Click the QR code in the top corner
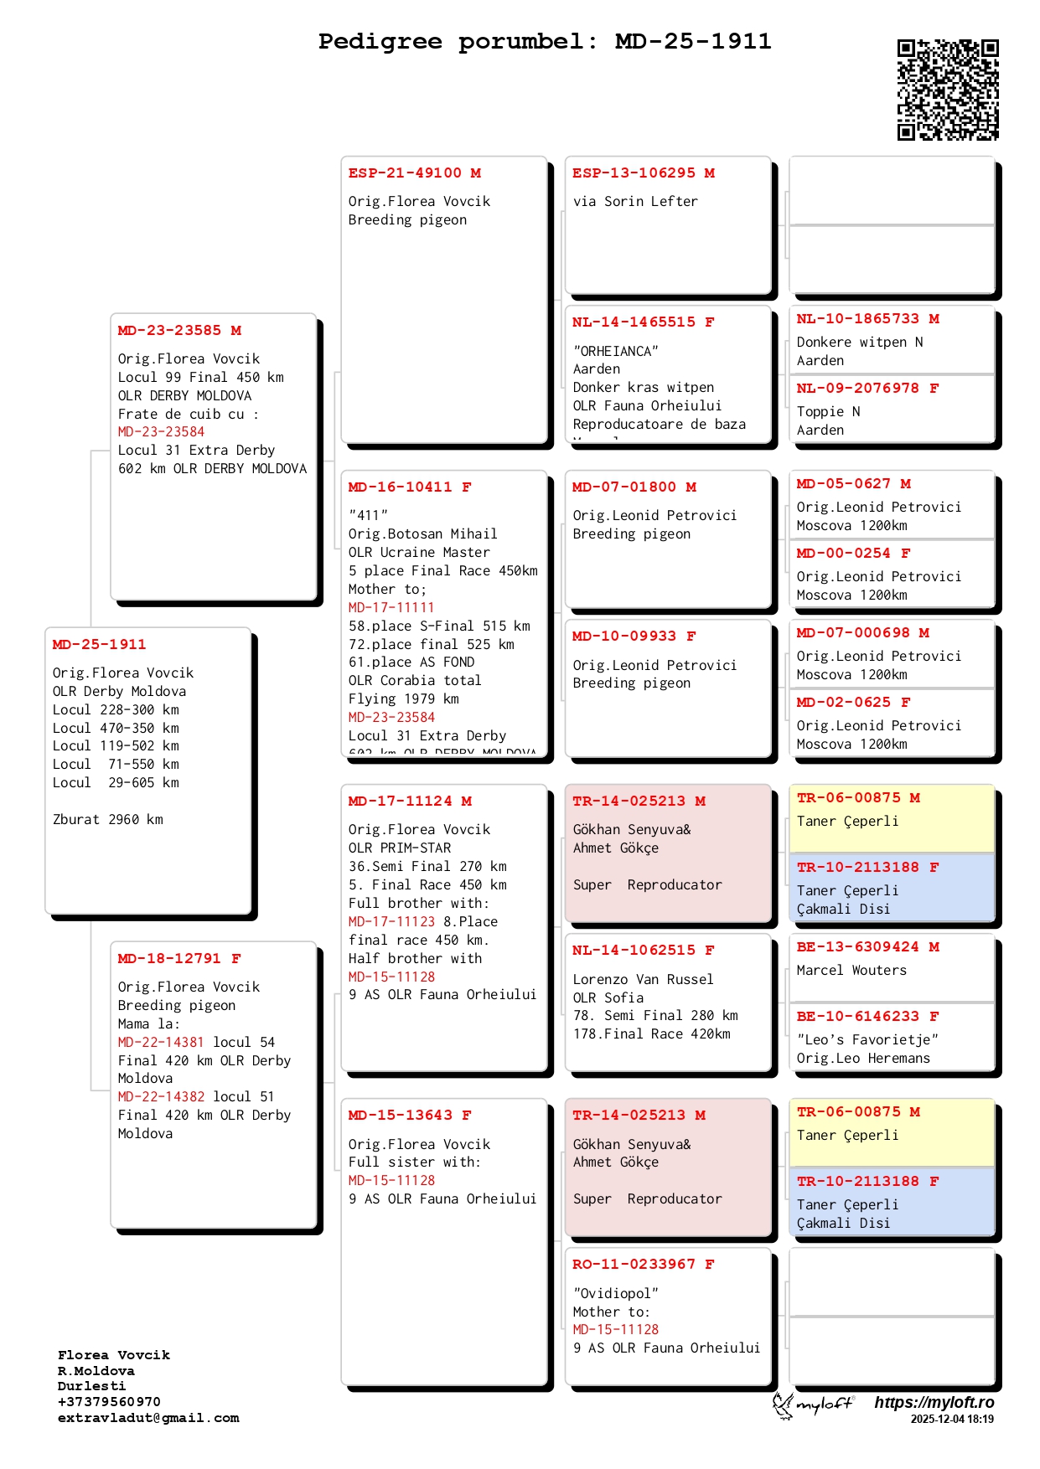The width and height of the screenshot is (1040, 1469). [948, 90]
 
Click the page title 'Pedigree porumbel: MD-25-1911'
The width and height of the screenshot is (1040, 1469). [544, 42]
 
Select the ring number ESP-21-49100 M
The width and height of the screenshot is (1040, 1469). [415, 173]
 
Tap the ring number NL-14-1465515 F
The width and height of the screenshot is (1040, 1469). [643, 322]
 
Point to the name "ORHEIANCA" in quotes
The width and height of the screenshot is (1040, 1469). [615, 352]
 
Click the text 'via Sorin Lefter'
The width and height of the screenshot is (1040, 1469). [635, 202]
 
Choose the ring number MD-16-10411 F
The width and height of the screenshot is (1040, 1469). [410, 487]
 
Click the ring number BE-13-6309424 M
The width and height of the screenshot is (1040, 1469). [867, 947]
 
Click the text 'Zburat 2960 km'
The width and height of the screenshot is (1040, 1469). [108, 820]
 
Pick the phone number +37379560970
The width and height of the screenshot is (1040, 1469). [109, 1402]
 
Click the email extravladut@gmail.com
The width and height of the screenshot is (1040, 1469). [148, 1418]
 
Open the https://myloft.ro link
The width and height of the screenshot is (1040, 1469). [934, 1402]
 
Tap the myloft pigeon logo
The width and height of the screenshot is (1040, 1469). [812, 1405]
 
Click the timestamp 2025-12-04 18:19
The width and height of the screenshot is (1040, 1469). [952, 1419]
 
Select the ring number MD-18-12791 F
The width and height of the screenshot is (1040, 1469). [179, 959]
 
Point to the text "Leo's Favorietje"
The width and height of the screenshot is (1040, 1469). [867, 1040]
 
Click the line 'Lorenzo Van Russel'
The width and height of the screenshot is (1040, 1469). [643, 980]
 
